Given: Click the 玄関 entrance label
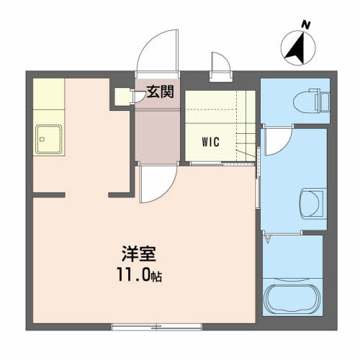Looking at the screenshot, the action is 160,91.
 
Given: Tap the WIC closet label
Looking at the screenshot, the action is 211,142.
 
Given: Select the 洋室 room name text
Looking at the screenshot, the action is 139,253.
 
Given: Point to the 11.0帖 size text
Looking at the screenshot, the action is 139,274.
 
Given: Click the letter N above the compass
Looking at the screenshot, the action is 306,25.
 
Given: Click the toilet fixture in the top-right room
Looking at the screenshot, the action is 312,101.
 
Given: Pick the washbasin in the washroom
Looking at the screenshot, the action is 312,204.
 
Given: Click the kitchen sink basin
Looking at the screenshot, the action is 49,139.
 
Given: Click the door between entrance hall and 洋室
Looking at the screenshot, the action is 158,184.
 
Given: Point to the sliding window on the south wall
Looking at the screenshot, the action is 157,327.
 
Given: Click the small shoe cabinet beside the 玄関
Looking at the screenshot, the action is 123,96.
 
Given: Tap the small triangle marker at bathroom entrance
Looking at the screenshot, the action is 268,239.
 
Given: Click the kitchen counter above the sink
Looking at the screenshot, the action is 49,94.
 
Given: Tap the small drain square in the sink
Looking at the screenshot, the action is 42,139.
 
